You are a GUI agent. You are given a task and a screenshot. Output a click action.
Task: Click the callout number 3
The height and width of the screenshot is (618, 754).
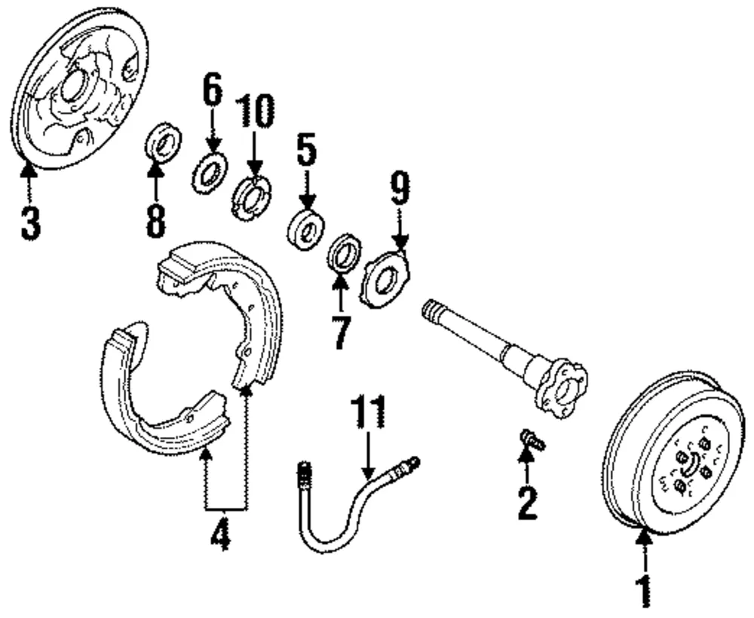30,222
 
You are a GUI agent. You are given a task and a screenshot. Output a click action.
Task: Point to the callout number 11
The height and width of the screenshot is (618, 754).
369,411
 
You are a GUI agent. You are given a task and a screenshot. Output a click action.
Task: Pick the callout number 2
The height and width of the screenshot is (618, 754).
528,503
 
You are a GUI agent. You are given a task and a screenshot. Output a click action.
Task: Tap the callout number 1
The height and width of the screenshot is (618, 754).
643,591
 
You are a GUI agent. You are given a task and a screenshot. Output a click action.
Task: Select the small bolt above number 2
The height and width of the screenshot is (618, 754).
532,438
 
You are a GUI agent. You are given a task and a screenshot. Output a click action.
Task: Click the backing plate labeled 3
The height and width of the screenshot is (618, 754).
79,89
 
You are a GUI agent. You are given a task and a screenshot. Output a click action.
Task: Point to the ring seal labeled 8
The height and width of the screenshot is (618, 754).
164,142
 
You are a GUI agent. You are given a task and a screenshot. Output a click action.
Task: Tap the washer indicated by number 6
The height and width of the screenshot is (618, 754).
210,172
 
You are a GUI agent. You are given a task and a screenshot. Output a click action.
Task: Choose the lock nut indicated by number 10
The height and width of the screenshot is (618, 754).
251,197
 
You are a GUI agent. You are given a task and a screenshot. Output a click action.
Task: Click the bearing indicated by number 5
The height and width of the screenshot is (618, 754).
305,230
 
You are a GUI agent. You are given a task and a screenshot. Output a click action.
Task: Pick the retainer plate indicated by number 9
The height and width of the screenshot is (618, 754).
385,280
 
